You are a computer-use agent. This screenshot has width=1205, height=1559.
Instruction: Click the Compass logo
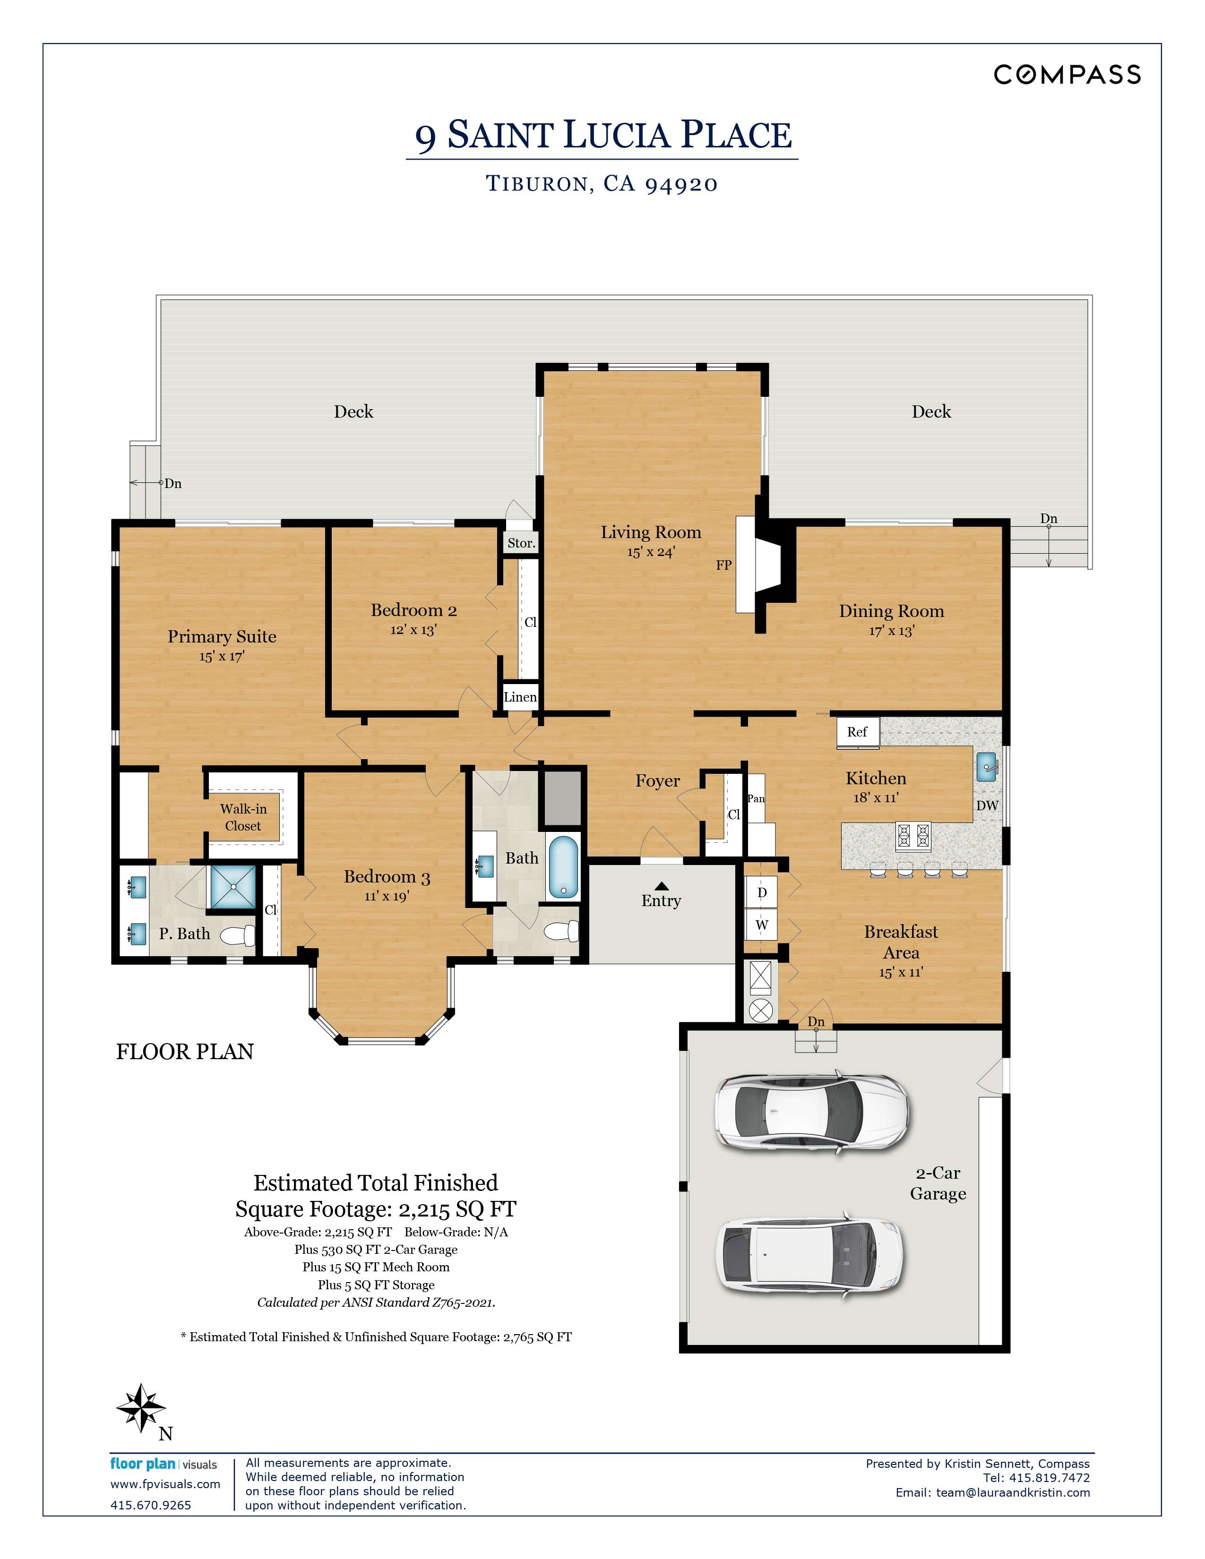1067,74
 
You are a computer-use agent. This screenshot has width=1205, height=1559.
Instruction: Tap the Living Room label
650,532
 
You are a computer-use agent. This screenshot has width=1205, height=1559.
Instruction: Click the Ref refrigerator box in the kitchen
857,732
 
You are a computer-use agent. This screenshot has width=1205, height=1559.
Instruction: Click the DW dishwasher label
987,805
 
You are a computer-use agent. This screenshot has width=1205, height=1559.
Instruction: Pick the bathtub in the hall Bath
564,867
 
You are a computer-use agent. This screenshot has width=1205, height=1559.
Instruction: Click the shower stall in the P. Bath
232,887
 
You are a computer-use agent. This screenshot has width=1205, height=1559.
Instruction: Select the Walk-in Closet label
243,817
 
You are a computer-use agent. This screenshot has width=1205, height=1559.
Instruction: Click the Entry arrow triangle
661,885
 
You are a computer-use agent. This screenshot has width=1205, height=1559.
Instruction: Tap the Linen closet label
520,697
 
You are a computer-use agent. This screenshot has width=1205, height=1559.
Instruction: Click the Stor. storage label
521,543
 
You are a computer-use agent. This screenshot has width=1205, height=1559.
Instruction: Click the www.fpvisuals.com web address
165,1484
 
